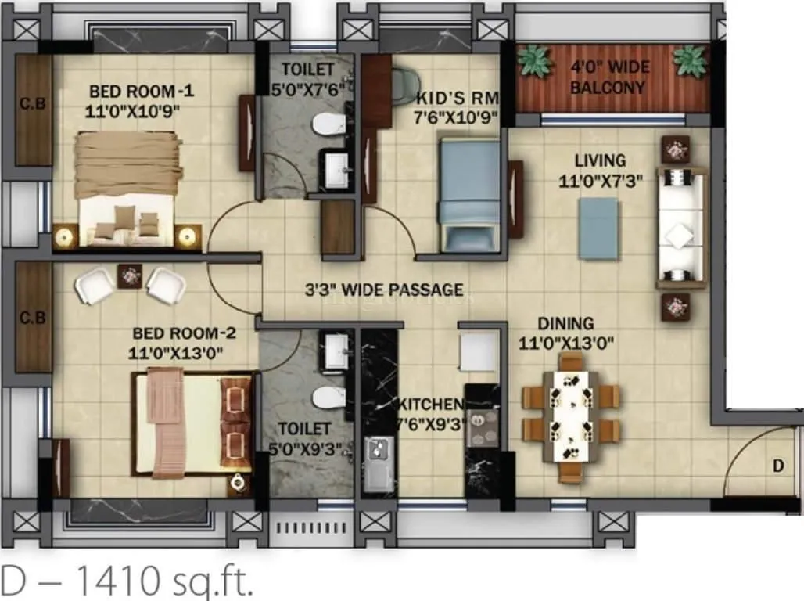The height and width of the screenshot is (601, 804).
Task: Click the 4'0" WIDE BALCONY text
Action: [609, 77]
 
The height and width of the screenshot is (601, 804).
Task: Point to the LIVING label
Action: [600, 160]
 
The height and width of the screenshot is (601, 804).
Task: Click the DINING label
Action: [565, 323]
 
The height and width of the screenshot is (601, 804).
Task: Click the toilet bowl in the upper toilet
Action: [328, 123]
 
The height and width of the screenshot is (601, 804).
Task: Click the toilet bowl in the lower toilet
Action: [328, 397]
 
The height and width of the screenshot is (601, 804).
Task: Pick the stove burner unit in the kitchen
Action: [482, 427]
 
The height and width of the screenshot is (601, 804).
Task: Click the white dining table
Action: [571, 415]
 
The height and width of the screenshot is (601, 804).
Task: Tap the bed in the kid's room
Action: [467, 192]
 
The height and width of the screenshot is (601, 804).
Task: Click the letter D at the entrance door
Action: [777, 466]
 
